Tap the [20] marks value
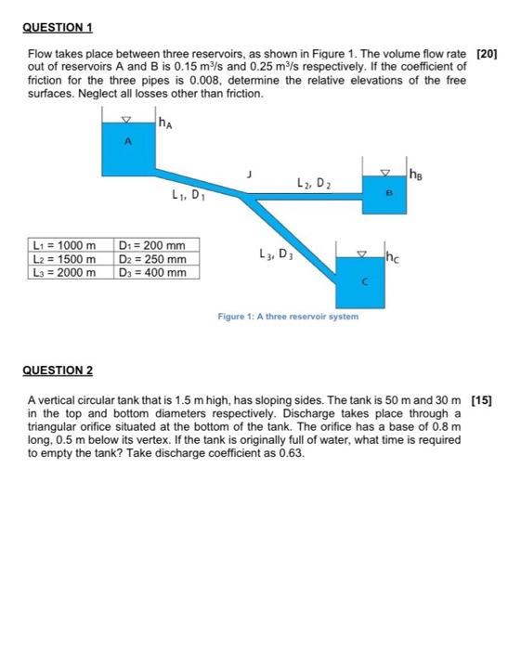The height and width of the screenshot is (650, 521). [x=487, y=57]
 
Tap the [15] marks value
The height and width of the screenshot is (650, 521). [x=484, y=400]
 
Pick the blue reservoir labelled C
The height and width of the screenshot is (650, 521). [x=366, y=282]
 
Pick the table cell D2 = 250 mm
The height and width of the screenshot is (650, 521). [x=154, y=258]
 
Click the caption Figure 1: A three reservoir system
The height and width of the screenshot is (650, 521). [x=288, y=317]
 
